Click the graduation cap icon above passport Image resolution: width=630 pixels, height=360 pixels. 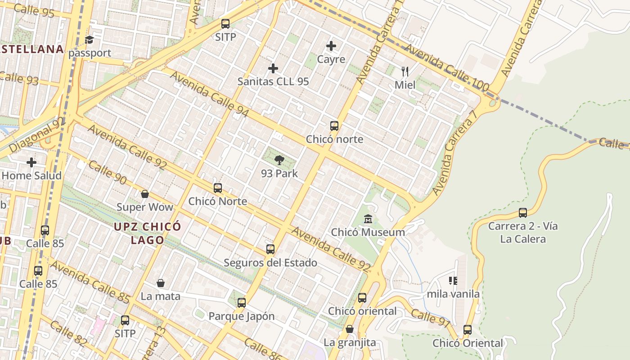(x=89, y=40)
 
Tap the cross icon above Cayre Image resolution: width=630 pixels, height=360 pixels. (x=331, y=46)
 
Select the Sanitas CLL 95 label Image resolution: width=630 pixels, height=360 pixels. (x=273, y=81)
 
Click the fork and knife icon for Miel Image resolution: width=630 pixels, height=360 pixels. (x=405, y=71)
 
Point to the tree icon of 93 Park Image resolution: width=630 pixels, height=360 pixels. (x=279, y=160)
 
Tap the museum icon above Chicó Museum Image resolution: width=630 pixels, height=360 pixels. (x=368, y=219)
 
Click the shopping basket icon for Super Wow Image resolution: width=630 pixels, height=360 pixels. (x=145, y=194)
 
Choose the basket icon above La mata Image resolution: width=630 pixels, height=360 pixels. (x=161, y=283)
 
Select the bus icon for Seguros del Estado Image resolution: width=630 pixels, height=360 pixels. (x=270, y=249)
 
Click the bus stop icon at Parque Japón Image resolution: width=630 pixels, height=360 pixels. (x=242, y=302)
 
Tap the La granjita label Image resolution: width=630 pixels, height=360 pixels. (x=350, y=342)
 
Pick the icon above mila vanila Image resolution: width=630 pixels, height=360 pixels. (x=453, y=281)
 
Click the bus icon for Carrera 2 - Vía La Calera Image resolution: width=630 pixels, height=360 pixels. (x=523, y=212)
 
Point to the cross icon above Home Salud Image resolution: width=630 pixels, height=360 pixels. (x=31, y=162)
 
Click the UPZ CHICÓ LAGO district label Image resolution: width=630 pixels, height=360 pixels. (x=147, y=233)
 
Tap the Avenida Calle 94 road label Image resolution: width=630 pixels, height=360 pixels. (x=209, y=95)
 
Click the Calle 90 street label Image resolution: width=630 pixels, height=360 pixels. (x=107, y=171)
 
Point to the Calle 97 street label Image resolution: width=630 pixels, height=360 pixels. (x=430, y=317)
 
